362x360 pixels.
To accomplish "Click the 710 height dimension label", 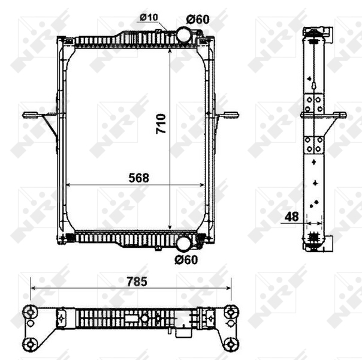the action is click(x=161, y=124).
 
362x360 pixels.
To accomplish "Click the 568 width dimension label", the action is click(x=139, y=178).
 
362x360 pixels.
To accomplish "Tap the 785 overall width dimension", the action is click(x=137, y=281).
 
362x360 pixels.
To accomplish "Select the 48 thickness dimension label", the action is click(x=292, y=217).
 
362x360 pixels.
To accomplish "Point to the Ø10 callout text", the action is click(x=149, y=17).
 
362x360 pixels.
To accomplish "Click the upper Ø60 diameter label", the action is click(x=198, y=19).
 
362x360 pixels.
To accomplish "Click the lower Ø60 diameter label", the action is click(x=186, y=260).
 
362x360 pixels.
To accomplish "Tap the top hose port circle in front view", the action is click(x=184, y=35).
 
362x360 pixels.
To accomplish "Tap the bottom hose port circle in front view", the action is click(x=184, y=244).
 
